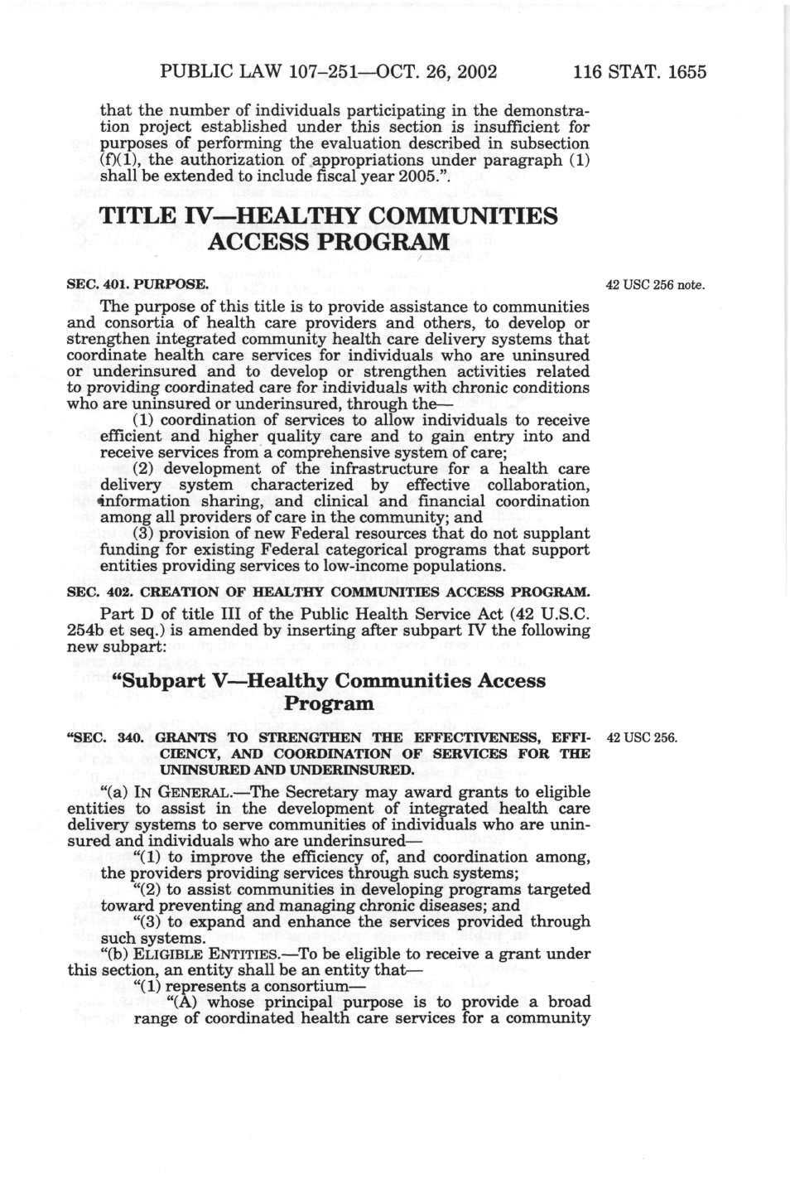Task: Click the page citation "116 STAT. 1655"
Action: coord(640,71)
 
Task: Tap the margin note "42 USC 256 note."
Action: coord(654,286)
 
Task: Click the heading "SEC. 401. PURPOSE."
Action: coord(136,285)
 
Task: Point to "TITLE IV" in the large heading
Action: coord(151,216)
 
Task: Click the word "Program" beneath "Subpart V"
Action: coord(329,704)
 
